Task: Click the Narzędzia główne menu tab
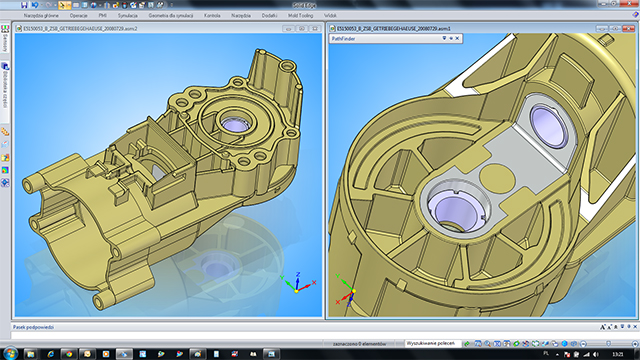[x=42, y=17]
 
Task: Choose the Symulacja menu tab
[x=128, y=17]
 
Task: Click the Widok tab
[x=331, y=17]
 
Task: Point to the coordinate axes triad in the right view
[x=347, y=289]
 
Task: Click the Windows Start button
[x=9, y=353]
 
